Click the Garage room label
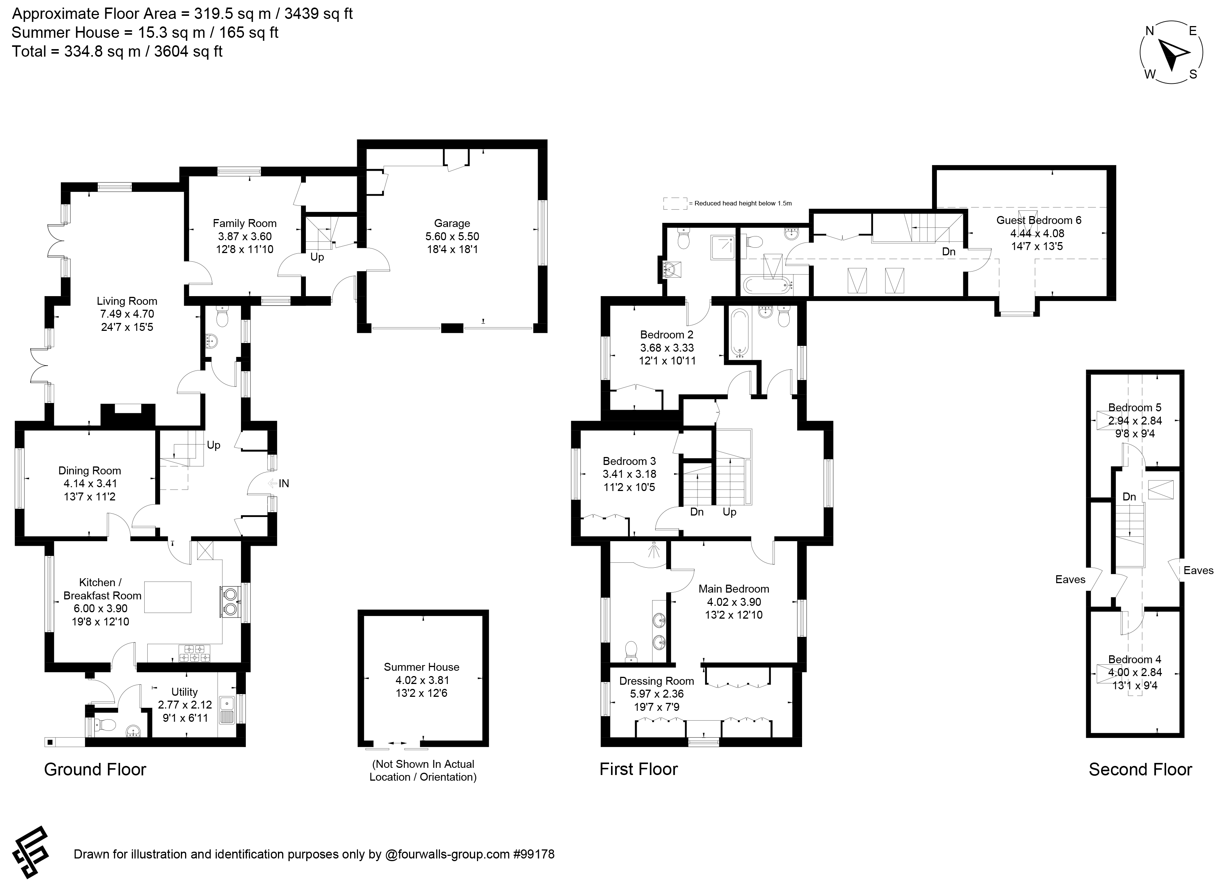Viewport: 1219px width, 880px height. click(x=452, y=223)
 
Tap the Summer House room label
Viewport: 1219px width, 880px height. click(x=421, y=667)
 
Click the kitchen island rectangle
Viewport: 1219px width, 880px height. click(x=168, y=597)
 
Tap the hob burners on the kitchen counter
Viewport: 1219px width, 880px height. click(x=194, y=653)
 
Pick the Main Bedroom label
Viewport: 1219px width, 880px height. click(x=734, y=589)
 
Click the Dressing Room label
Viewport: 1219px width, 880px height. click(x=656, y=681)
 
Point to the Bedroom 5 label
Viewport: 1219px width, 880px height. click(x=1135, y=408)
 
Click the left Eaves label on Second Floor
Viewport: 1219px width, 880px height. click(x=1070, y=579)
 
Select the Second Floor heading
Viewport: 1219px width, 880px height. click(x=1140, y=770)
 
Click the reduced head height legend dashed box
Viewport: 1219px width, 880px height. click(x=675, y=203)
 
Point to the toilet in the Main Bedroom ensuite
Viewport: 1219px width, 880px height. click(x=631, y=651)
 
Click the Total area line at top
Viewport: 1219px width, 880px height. click(x=117, y=52)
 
